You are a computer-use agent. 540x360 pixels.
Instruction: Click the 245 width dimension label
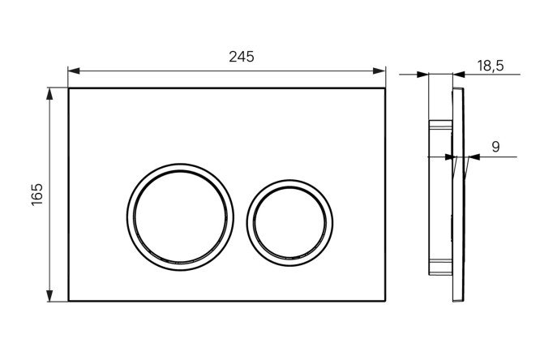[x=242, y=57]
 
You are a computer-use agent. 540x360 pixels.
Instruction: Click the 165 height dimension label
[x=37, y=195]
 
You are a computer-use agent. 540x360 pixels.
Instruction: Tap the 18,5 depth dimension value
[x=490, y=66]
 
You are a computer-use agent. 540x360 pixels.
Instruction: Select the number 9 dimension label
[x=495, y=147]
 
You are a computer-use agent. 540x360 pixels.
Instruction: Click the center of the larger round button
[x=181, y=217]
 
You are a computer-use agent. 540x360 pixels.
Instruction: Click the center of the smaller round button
[x=289, y=222]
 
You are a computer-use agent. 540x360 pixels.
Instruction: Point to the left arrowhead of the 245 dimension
[x=74, y=71]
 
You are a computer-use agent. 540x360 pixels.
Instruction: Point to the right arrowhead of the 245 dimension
[x=379, y=71]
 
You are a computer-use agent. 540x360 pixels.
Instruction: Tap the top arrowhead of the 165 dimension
[x=50, y=94]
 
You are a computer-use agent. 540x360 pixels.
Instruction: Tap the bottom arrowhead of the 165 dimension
[x=50, y=296]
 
